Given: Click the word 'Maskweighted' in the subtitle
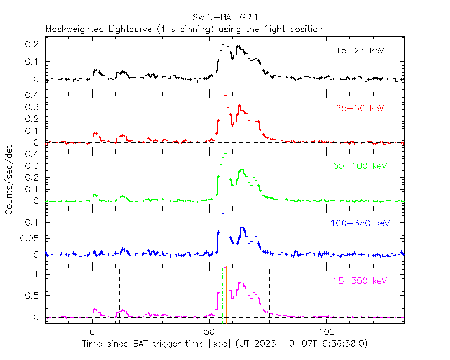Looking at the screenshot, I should pyautogui.click(x=72, y=29).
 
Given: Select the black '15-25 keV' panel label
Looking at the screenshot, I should pyautogui.click(x=359, y=51).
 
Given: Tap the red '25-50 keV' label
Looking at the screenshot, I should pyautogui.click(x=359, y=109).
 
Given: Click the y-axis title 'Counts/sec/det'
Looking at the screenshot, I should pyautogui.click(x=10, y=179).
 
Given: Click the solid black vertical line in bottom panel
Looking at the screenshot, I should pyautogui.click(x=115, y=294).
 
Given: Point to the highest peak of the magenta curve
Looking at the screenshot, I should pyautogui.click(x=226, y=268).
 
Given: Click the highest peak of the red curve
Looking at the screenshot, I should pyautogui.click(x=226, y=96).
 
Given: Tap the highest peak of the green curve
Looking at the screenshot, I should pyautogui.click(x=226, y=154).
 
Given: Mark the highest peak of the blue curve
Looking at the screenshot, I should pyautogui.click(x=223, y=212).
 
